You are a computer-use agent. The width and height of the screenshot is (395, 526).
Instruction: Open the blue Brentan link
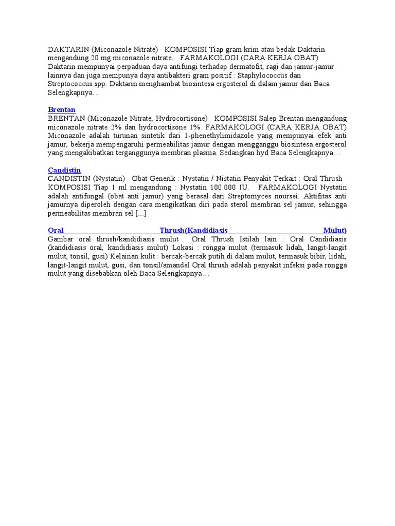62,110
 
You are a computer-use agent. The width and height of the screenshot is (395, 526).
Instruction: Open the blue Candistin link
64,170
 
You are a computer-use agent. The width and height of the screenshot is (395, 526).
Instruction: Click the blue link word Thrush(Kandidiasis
194,231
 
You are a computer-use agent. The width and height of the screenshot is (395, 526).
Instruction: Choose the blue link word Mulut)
335,231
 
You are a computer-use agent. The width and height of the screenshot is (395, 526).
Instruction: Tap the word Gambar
60,239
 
